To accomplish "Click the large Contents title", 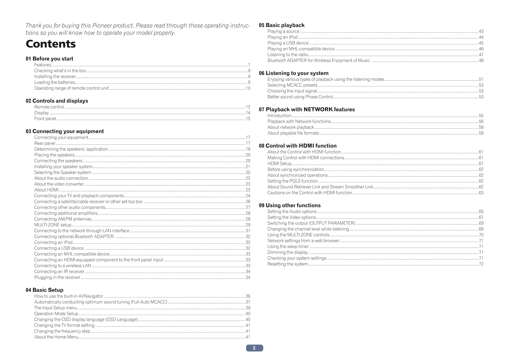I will point(51,44).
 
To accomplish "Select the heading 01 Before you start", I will point(49,59).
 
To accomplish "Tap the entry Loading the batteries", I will point(55,82).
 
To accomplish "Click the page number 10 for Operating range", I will point(248,88).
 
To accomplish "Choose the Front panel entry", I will point(45,118).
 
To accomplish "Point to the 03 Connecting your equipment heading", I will point(65,131).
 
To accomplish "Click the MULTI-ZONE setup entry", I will point(53,225).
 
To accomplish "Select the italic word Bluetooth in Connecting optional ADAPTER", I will point(84,237).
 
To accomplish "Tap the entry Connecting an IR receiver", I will point(59,271).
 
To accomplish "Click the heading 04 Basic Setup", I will point(44,290).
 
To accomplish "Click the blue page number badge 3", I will point(254,348).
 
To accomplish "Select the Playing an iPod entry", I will point(282,37).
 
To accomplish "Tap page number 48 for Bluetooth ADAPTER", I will point(481,60).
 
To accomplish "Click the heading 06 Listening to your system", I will point(294,73).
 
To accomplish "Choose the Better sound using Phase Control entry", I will point(300,97).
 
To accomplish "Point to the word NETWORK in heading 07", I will point(318,109).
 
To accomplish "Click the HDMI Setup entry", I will point(279,163).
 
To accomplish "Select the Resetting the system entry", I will point(287,264).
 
